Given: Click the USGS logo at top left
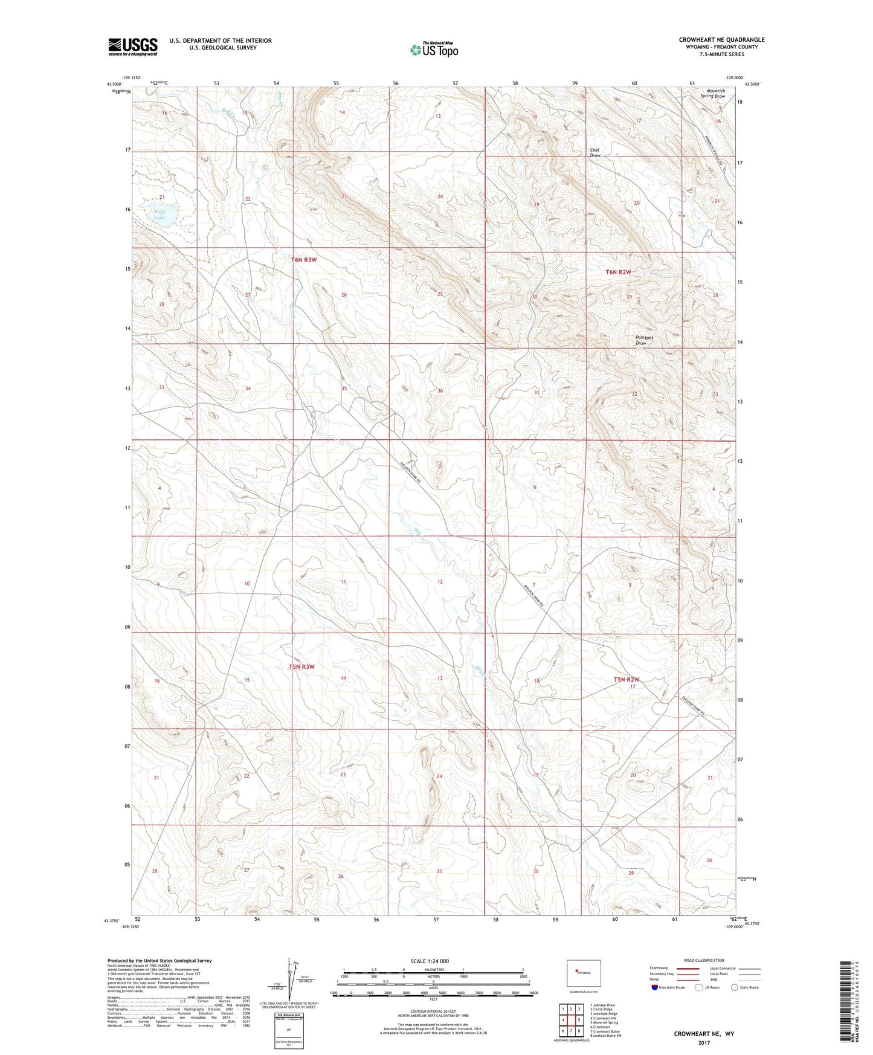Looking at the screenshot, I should (x=132, y=47).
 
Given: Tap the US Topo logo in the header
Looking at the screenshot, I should (x=433, y=50).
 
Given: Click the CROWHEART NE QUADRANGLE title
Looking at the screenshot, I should (x=721, y=40).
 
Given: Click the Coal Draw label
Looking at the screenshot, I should (x=595, y=153).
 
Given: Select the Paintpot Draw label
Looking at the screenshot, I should (x=643, y=340).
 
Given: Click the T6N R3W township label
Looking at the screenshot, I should (x=303, y=260).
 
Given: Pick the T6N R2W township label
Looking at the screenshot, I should (x=618, y=272).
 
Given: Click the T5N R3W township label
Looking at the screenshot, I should (x=301, y=667).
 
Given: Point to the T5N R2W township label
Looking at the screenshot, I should (x=627, y=680).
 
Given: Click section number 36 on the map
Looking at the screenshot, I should (x=440, y=391).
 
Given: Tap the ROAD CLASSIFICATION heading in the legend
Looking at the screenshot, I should (x=704, y=960).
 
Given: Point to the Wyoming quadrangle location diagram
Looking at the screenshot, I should (x=583, y=973).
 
